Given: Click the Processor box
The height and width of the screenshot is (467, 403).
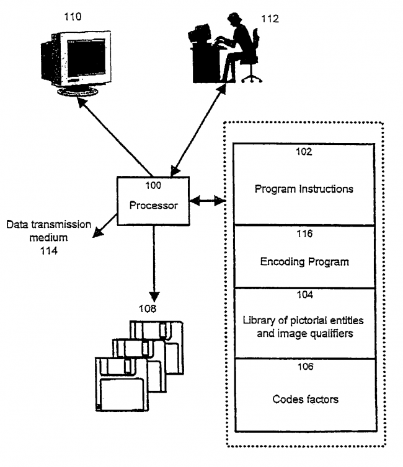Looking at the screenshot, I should pos(153,200).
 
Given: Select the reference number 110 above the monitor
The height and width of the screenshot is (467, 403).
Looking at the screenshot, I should pos(73,17).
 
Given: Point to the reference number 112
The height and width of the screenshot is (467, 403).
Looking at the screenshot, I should pos(270,18).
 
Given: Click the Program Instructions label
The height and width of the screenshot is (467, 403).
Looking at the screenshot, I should pos(304,189).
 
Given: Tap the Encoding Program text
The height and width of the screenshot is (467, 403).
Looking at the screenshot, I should pos(304,261).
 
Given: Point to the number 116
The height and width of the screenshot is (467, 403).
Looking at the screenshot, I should pos(304,234).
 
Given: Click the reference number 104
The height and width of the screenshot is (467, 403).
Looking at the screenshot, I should pos(304,295).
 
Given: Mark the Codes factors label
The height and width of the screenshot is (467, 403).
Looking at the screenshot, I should pos(306,399).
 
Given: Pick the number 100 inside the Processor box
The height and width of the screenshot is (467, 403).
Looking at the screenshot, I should pos(153,185).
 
